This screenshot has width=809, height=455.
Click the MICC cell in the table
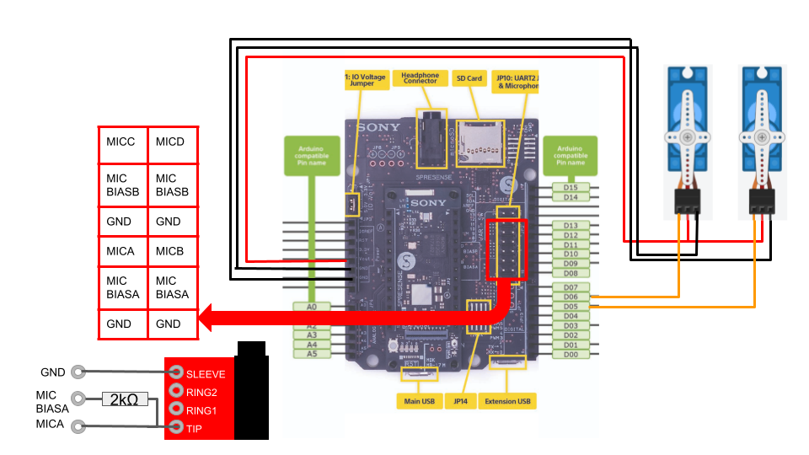[x=123, y=145]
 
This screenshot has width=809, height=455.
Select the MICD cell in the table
[x=173, y=145]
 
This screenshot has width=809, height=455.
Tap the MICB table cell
[x=173, y=250]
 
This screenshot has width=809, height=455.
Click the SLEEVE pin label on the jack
[x=206, y=373]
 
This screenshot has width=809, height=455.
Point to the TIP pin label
[x=195, y=428]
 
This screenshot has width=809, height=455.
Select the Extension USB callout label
[x=507, y=401]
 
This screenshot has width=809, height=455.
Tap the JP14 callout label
[x=460, y=401]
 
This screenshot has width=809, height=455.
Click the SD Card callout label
[x=469, y=78]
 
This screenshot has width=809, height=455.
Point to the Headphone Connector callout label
[x=420, y=78]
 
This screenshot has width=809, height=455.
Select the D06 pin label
[x=571, y=297]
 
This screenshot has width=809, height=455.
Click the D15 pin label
[x=571, y=187]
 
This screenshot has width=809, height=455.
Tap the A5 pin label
[x=312, y=354]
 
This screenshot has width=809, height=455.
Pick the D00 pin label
[x=571, y=354]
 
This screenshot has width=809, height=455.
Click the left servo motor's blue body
[x=688, y=110]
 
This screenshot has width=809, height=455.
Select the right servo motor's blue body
[x=763, y=110]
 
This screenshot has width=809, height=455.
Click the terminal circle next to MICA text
[x=78, y=426]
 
